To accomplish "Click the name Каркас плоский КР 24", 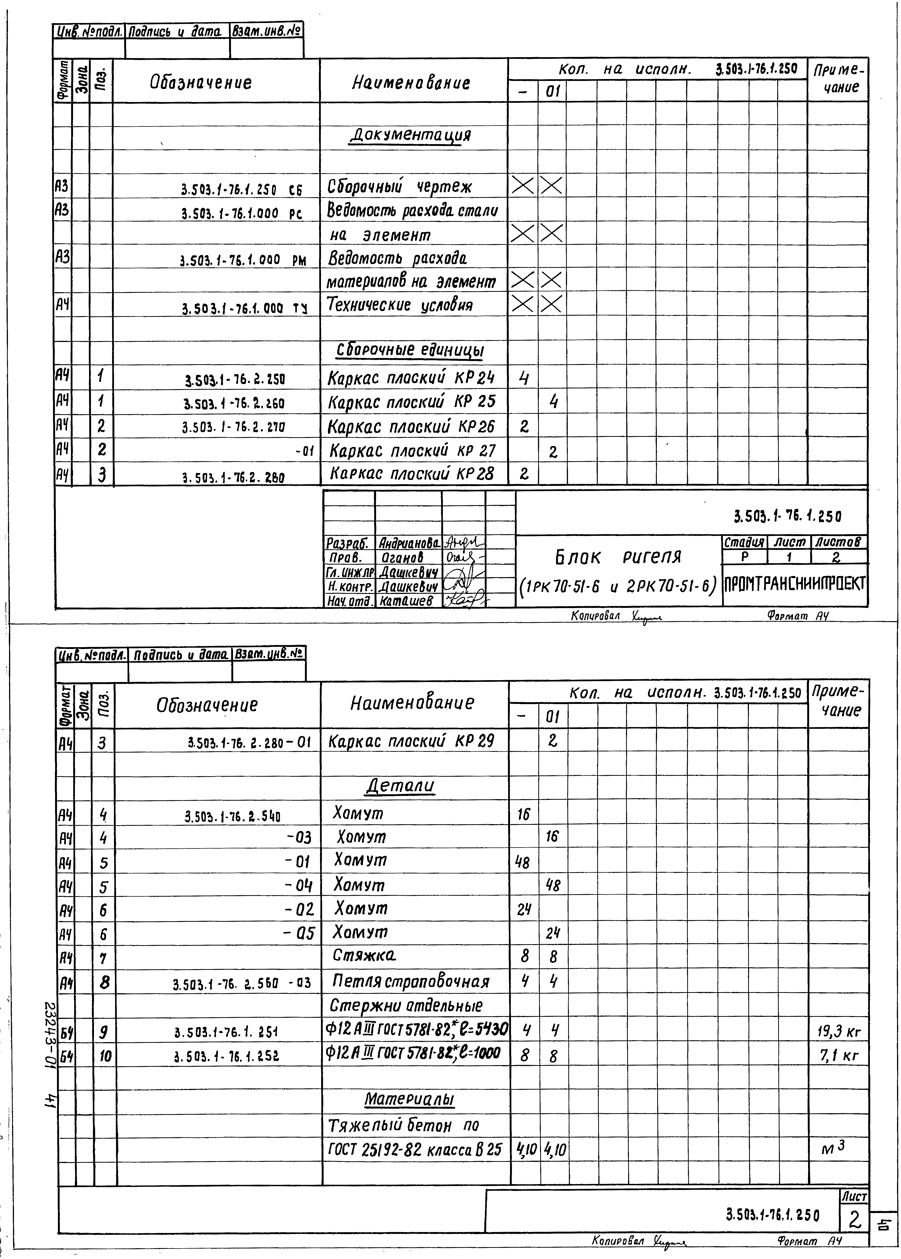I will [x=411, y=378].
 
